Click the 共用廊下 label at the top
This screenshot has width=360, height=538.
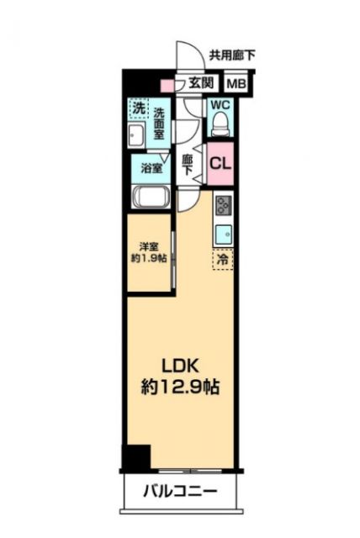231,56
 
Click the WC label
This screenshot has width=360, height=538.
220,105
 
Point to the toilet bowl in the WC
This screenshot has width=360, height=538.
220,124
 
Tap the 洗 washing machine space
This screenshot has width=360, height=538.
137,108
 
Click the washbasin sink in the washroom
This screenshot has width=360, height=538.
137,135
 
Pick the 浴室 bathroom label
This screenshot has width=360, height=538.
151,166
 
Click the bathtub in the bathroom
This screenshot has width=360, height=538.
151,199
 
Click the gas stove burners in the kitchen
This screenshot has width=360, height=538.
224,206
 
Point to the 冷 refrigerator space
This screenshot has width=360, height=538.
223,261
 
